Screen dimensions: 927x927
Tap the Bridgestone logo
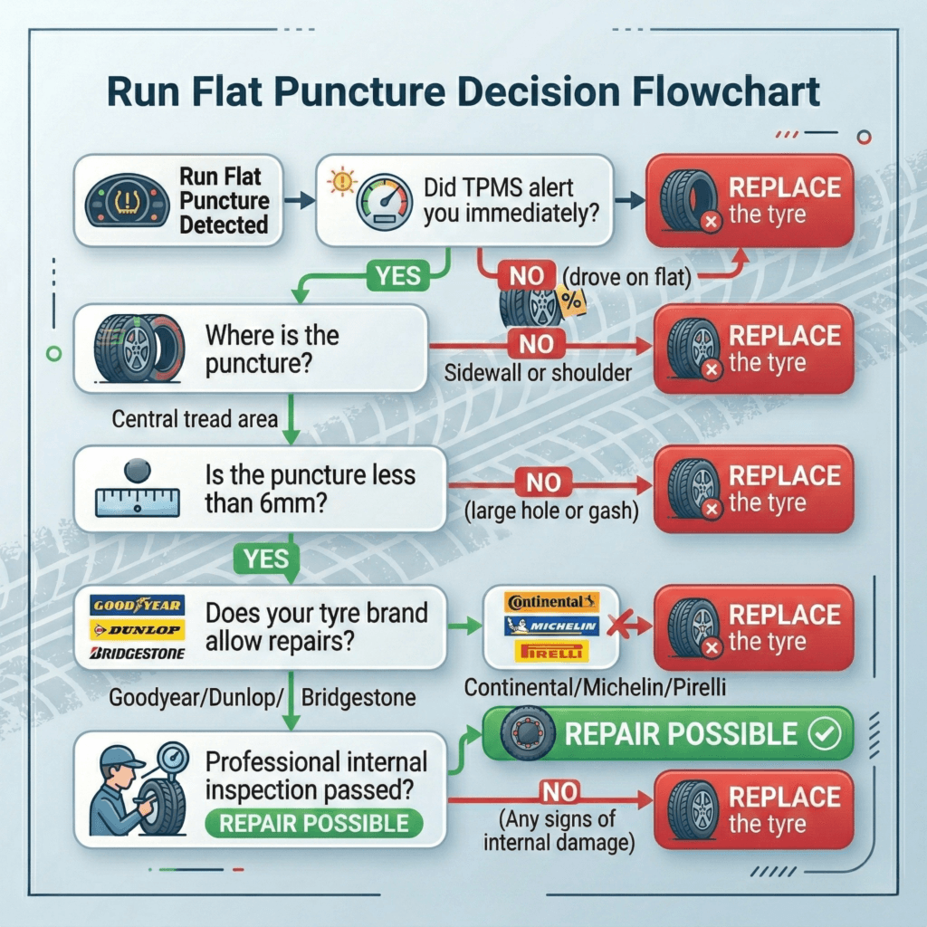pos(139,653)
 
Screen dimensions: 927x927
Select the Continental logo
pos(550,601)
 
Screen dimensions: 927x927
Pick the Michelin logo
pos(550,626)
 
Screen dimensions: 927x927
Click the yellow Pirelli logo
pos(550,650)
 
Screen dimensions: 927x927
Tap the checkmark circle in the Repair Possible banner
pos(827,733)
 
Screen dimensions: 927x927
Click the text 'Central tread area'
pos(194,419)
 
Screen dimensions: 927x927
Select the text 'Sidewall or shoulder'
pos(538,372)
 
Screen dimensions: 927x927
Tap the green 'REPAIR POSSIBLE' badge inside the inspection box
pos(313,823)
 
